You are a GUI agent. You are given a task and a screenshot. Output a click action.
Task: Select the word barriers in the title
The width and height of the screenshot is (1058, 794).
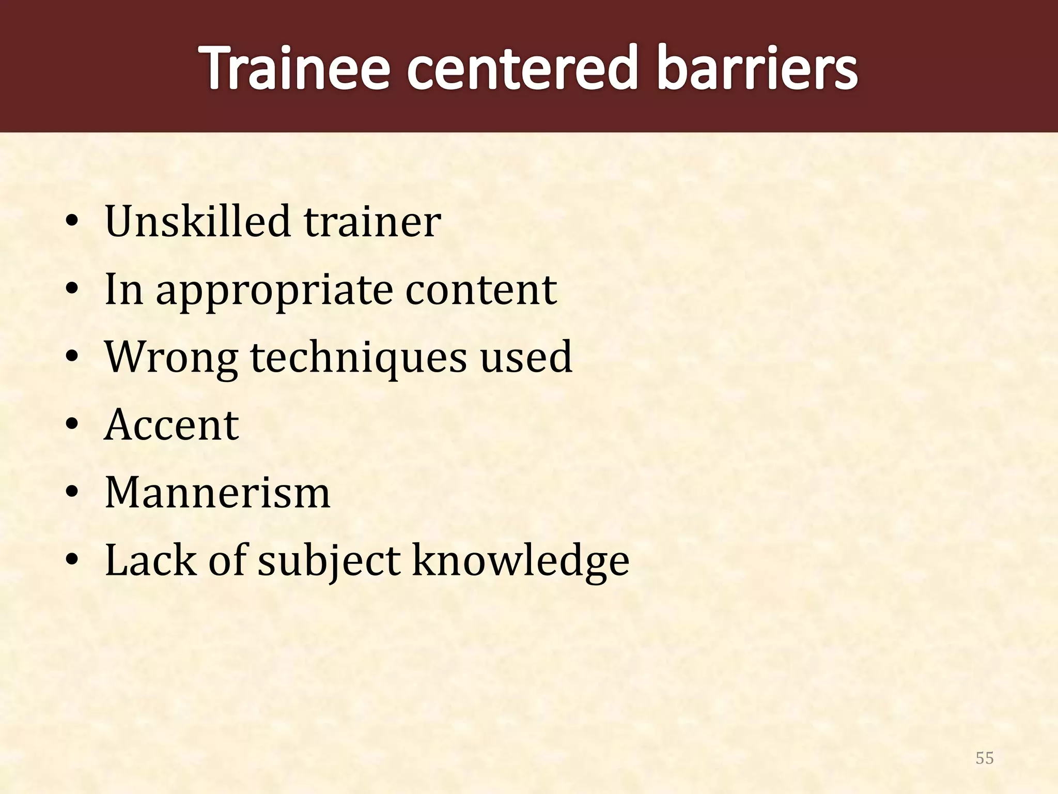pyautogui.click(x=757, y=68)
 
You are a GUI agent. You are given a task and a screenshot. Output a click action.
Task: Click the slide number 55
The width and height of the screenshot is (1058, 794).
pyautogui.click(x=984, y=758)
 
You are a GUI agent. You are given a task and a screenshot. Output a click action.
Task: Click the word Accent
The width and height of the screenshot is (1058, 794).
pyautogui.click(x=172, y=425)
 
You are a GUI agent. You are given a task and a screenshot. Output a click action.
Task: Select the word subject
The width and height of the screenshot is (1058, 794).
pyautogui.click(x=330, y=562)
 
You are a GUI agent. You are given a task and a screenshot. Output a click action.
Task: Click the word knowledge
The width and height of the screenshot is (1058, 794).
pyautogui.click(x=521, y=561)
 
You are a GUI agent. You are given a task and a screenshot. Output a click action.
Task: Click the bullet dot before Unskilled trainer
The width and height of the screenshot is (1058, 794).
pyautogui.click(x=72, y=223)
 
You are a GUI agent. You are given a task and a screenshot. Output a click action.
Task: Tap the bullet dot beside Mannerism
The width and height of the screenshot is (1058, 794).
pyautogui.click(x=72, y=494)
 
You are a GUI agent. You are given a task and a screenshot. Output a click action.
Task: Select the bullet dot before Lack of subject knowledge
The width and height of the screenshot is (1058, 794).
pyautogui.click(x=72, y=562)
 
